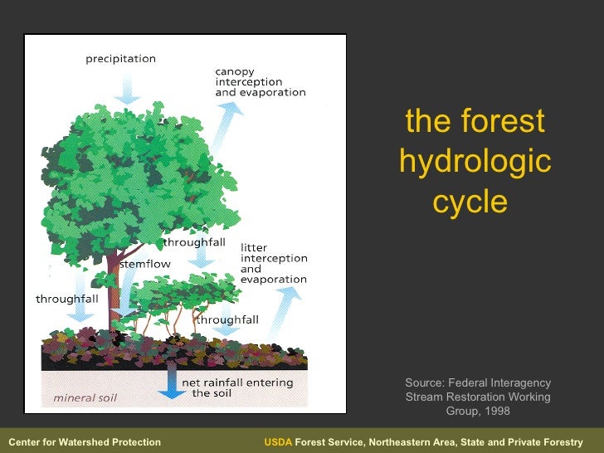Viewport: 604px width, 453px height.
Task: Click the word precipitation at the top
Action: coord(120,59)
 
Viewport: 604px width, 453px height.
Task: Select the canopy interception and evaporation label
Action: coord(260,82)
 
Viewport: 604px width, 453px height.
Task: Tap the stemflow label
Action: coord(145,264)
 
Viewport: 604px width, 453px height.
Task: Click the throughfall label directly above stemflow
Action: coord(193,243)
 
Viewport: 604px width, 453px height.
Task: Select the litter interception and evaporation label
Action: coord(273,263)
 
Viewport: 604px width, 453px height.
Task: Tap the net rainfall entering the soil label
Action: coord(237,387)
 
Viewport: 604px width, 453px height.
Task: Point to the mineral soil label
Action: coord(85,397)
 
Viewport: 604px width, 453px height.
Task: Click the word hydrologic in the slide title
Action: coord(475,161)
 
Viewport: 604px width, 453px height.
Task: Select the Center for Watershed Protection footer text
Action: coord(84,442)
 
